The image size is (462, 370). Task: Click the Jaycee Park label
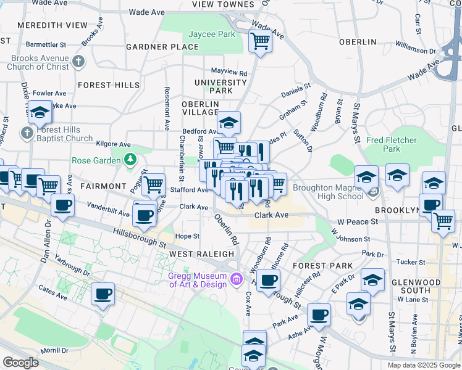pyautogui.click(x=212, y=35)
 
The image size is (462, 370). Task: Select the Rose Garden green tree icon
pyautogui.click(x=130, y=160)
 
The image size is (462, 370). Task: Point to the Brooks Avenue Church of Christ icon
pyautogui.click(x=78, y=61)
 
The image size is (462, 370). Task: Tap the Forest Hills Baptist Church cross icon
pyautogui.click(x=27, y=133)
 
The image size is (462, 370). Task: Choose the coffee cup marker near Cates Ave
pyautogui.click(x=103, y=294)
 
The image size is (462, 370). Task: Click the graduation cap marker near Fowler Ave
pyautogui.click(x=40, y=112)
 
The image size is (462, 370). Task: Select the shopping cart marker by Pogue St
pyautogui.click(x=153, y=184)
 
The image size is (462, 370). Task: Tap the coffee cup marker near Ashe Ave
pyautogui.click(x=319, y=315)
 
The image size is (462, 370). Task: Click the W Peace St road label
pyautogui.click(x=357, y=221)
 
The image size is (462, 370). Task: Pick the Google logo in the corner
pyautogui.click(x=20, y=362)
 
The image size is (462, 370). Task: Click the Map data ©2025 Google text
pyautogui.click(x=424, y=365)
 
